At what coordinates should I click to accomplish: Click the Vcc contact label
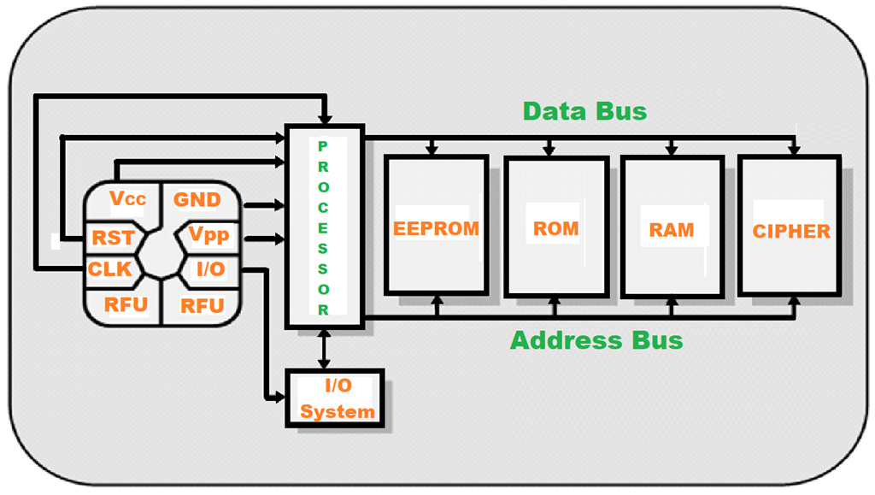pyautogui.click(x=128, y=199)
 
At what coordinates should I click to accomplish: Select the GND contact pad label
pyautogui.click(x=197, y=200)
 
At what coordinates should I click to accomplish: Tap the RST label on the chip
pyautogui.click(x=113, y=238)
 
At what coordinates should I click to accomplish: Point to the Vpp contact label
pyautogui.click(x=208, y=235)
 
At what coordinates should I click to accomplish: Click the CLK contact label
pyautogui.click(x=110, y=269)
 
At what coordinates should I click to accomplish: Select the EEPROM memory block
pyautogui.click(x=436, y=228)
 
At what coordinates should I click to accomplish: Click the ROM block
pyautogui.click(x=555, y=228)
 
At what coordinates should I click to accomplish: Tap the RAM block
pyautogui.click(x=672, y=229)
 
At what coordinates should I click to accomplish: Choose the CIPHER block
pyautogui.click(x=791, y=231)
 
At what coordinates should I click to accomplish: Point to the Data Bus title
pyautogui.click(x=584, y=111)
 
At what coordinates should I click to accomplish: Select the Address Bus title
pyautogui.click(x=596, y=340)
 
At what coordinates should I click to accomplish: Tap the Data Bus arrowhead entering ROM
pyautogui.click(x=549, y=150)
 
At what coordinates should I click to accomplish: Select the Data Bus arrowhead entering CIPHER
pyautogui.click(x=794, y=150)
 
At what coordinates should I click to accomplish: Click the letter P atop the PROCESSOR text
pyautogui.click(x=323, y=146)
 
